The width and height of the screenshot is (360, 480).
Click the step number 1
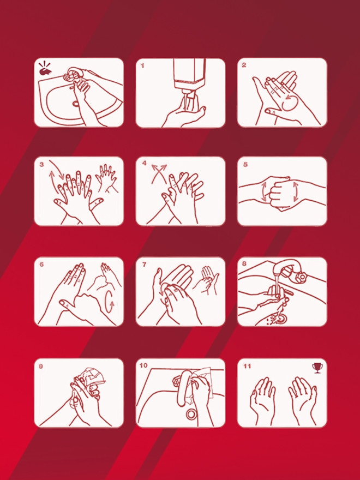pos(142,65)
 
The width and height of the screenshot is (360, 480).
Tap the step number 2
pos(244,65)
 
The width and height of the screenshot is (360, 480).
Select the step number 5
pos(245,165)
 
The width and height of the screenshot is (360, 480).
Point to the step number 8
pos(244,264)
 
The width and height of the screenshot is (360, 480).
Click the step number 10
pos(143,365)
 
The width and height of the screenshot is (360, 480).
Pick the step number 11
pos(247,366)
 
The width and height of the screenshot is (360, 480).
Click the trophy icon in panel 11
pos(317,368)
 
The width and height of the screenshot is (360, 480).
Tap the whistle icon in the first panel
pos(45,69)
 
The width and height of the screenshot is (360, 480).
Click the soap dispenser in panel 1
pos(189,73)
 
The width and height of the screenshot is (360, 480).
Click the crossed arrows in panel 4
pos(159,173)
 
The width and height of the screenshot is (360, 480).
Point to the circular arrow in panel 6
pos(110,302)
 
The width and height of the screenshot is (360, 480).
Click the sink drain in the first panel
pos(76,103)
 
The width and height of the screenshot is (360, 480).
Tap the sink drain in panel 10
pos(191,414)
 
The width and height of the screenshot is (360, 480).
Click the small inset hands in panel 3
pos(106,178)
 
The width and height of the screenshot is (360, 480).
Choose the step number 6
pos(41,264)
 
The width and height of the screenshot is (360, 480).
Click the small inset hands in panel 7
pos(208,279)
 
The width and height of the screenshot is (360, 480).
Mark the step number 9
pos(41,366)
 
